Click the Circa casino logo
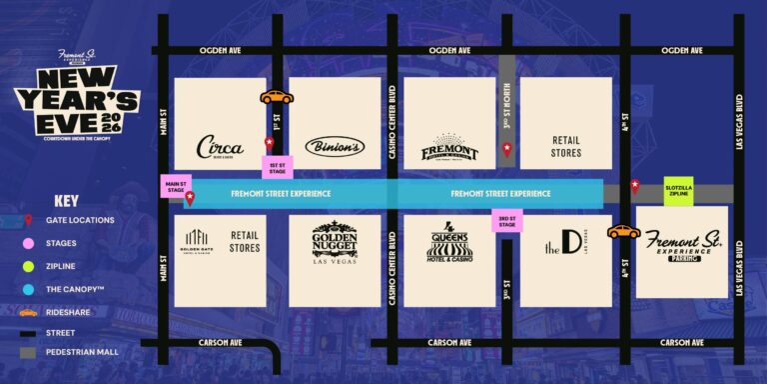tap(220, 147)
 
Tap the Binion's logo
tap(335, 145)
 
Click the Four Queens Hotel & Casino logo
tap(449, 243)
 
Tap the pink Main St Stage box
tap(177, 185)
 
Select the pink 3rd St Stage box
tap(507, 221)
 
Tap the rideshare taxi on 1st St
tap(277, 97)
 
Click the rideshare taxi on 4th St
tap(624, 231)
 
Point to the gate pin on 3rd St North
tap(507, 150)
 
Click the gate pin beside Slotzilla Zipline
tap(634, 185)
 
